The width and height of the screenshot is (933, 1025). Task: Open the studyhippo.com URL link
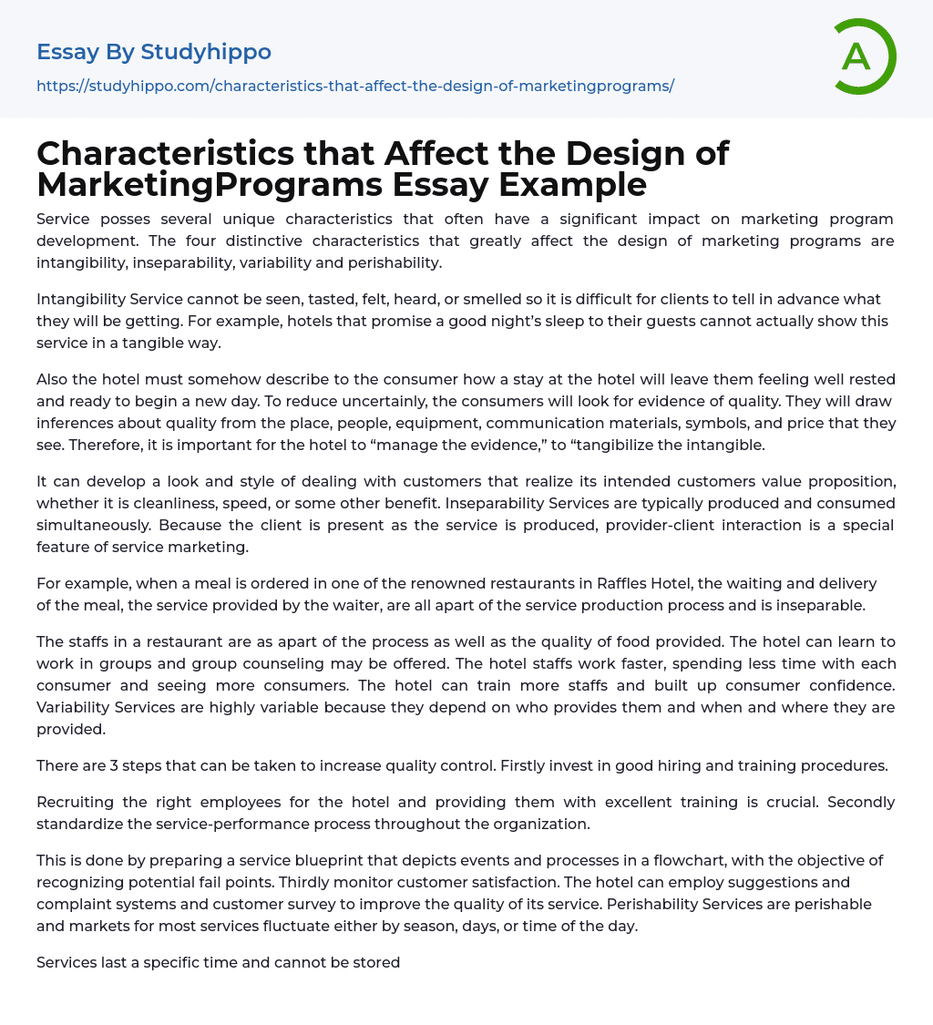pyautogui.click(x=355, y=86)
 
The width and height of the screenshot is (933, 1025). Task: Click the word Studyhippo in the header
pyautogui.click(x=206, y=52)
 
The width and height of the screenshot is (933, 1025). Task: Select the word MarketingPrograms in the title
pyautogui.click(x=210, y=185)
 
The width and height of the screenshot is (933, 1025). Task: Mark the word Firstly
pyautogui.click(x=526, y=765)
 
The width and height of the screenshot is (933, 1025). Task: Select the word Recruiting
pyautogui.click(x=77, y=802)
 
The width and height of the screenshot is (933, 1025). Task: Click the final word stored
pyautogui.click(x=376, y=962)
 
